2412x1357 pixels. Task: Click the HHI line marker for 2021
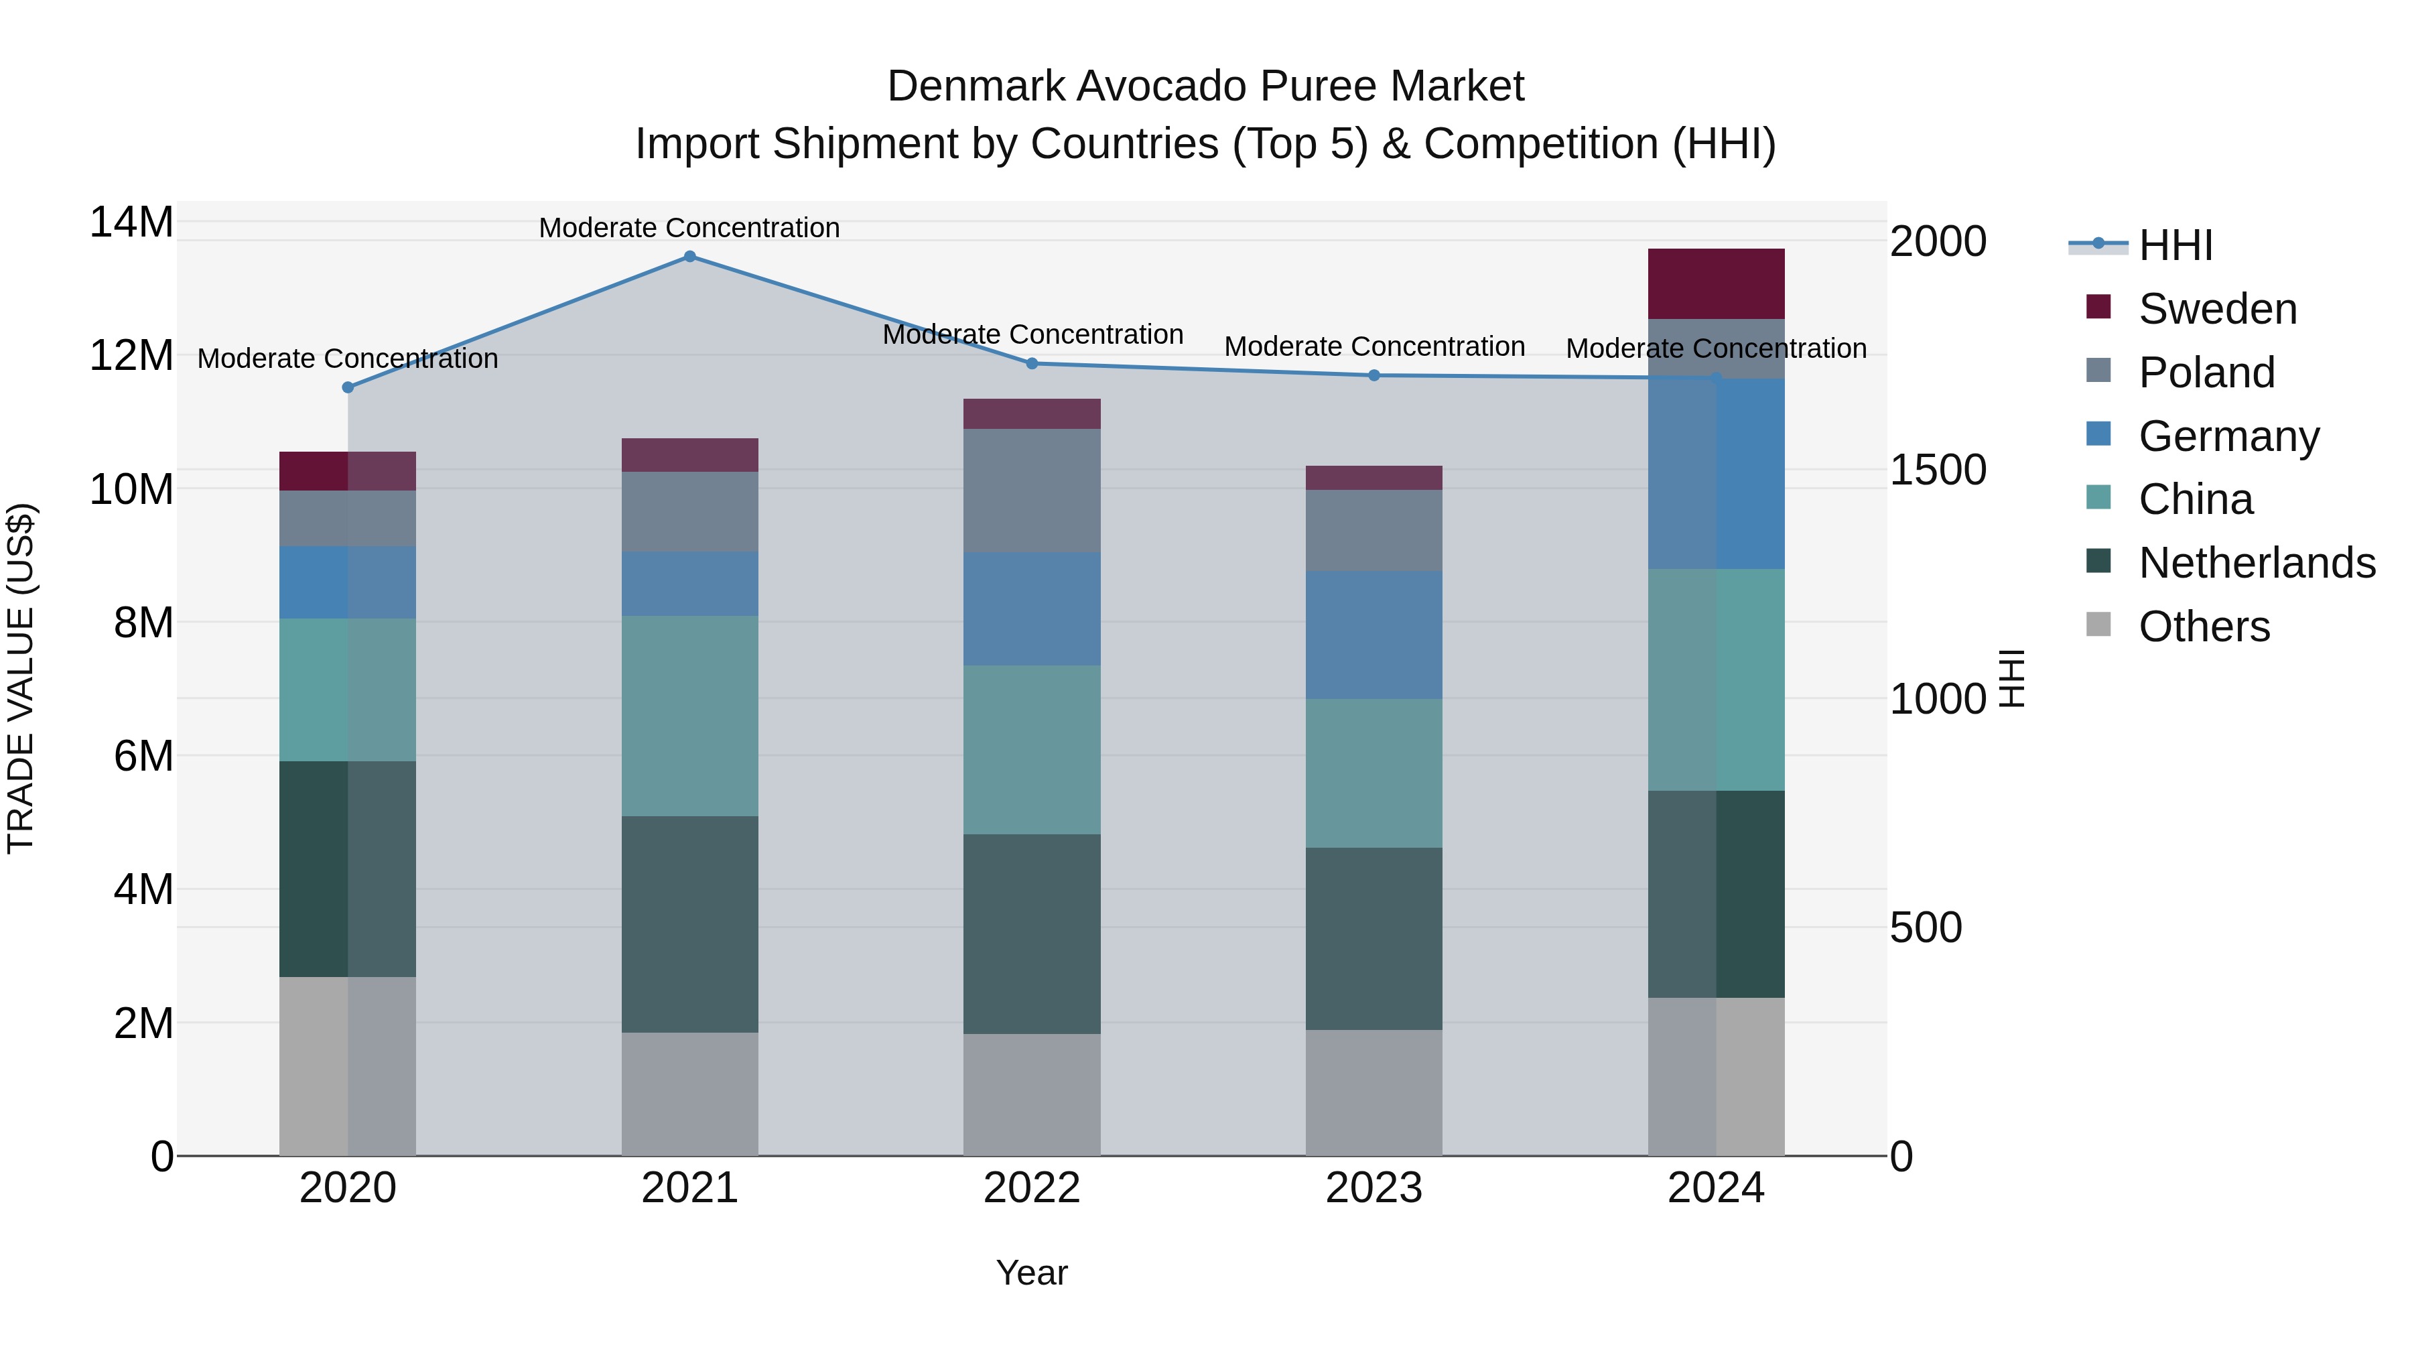(x=689, y=256)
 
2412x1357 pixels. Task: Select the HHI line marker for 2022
(x=1032, y=363)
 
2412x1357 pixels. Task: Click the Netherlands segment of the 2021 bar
(x=689, y=924)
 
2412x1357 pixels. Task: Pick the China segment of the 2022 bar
(x=1032, y=749)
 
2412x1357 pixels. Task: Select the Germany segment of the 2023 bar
(x=1373, y=635)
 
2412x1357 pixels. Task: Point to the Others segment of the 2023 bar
(x=1373, y=1092)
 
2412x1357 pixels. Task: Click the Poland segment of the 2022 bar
(x=1032, y=490)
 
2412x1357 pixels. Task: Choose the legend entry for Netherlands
(x=2257, y=563)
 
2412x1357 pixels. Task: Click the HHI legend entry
(x=2174, y=245)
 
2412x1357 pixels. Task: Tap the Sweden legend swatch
(x=2098, y=307)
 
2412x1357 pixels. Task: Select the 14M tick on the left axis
(x=131, y=223)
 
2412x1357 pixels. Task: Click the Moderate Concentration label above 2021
(x=689, y=228)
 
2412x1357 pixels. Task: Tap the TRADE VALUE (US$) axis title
(x=21, y=678)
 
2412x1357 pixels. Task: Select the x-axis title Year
(x=1032, y=1273)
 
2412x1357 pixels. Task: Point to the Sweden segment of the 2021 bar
(x=689, y=454)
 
